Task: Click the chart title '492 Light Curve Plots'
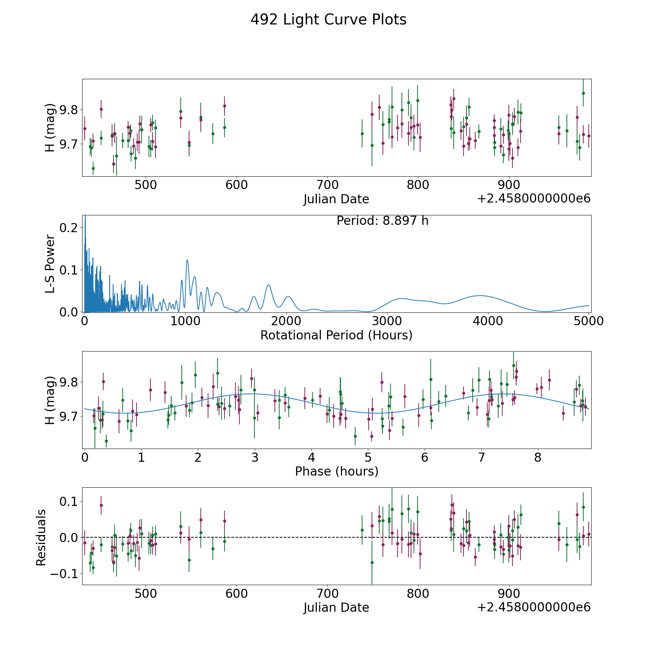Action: click(x=328, y=20)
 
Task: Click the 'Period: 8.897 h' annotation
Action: click(x=382, y=221)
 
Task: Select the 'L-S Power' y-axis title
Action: click(x=50, y=264)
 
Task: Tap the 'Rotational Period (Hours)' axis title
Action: click(x=336, y=335)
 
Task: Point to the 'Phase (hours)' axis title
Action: click(x=336, y=471)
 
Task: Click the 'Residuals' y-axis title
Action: click(x=41, y=537)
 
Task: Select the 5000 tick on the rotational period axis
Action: click(x=589, y=321)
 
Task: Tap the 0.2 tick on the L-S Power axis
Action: click(x=69, y=228)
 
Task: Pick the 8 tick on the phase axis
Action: click(x=538, y=457)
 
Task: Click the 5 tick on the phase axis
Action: click(x=368, y=457)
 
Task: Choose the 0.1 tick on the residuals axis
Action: click(x=69, y=501)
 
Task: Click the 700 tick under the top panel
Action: click(x=327, y=185)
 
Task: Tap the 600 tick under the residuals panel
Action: click(x=236, y=593)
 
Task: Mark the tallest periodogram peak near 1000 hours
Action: click(x=187, y=260)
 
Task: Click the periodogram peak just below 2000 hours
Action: click(x=268, y=285)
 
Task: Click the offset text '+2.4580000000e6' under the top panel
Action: click(x=534, y=199)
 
